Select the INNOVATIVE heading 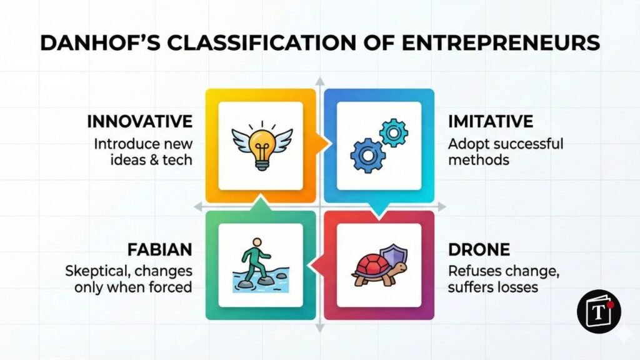coord(139,121)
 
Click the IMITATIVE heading coord(491,121)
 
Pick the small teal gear coord(394,132)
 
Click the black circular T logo coord(599,311)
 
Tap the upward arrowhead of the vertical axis coord(320,82)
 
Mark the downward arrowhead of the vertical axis coord(320,328)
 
